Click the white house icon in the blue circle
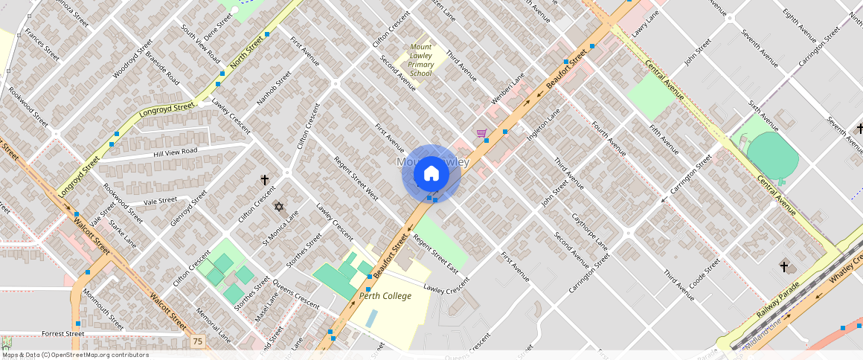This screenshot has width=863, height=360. (x=431, y=174)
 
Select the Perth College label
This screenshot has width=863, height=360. (x=385, y=295)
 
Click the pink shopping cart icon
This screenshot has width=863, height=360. (x=481, y=133)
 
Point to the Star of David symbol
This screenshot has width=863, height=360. (x=279, y=207)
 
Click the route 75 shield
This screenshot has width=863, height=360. (x=197, y=341)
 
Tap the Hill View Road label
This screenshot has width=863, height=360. (x=175, y=151)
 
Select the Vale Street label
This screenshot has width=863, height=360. (x=160, y=201)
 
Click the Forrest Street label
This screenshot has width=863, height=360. (x=63, y=334)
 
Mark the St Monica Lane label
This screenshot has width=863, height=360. (x=280, y=228)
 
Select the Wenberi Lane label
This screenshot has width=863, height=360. (x=507, y=89)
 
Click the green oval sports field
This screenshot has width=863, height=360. (x=771, y=155)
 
